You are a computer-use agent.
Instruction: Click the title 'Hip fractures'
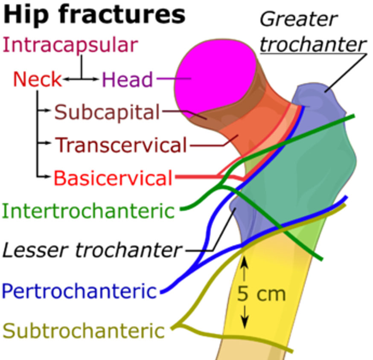tap(95, 15)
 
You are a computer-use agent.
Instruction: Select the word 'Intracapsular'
tap(70, 45)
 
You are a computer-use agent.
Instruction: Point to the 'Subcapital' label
tap(107, 113)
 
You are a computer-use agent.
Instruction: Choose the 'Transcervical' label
tap(121, 145)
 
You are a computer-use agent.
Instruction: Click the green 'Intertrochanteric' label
tap(89, 211)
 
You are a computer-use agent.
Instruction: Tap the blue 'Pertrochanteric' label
tap(79, 292)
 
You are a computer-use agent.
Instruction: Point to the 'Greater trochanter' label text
tap(313, 32)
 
